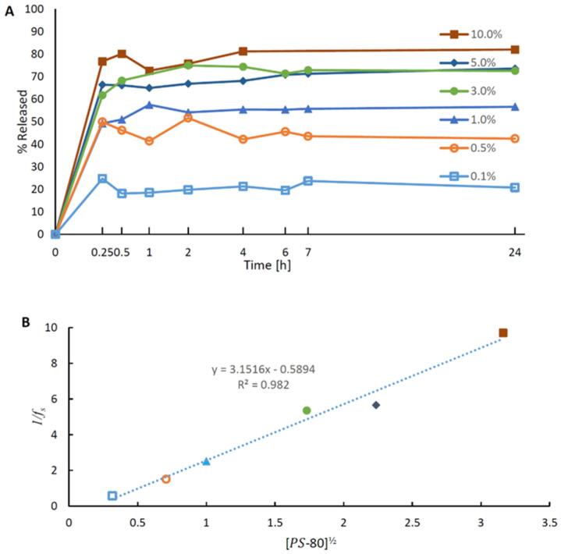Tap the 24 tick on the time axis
pyautogui.click(x=515, y=252)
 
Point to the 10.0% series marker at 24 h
pyautogui.click(x=515, y=49)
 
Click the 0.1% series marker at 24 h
pyautogui.click(x=515, y=187)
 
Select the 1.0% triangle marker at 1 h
pyautogui.click(x=149, y=105)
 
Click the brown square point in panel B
pyautogui.click(x=503, y=333)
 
